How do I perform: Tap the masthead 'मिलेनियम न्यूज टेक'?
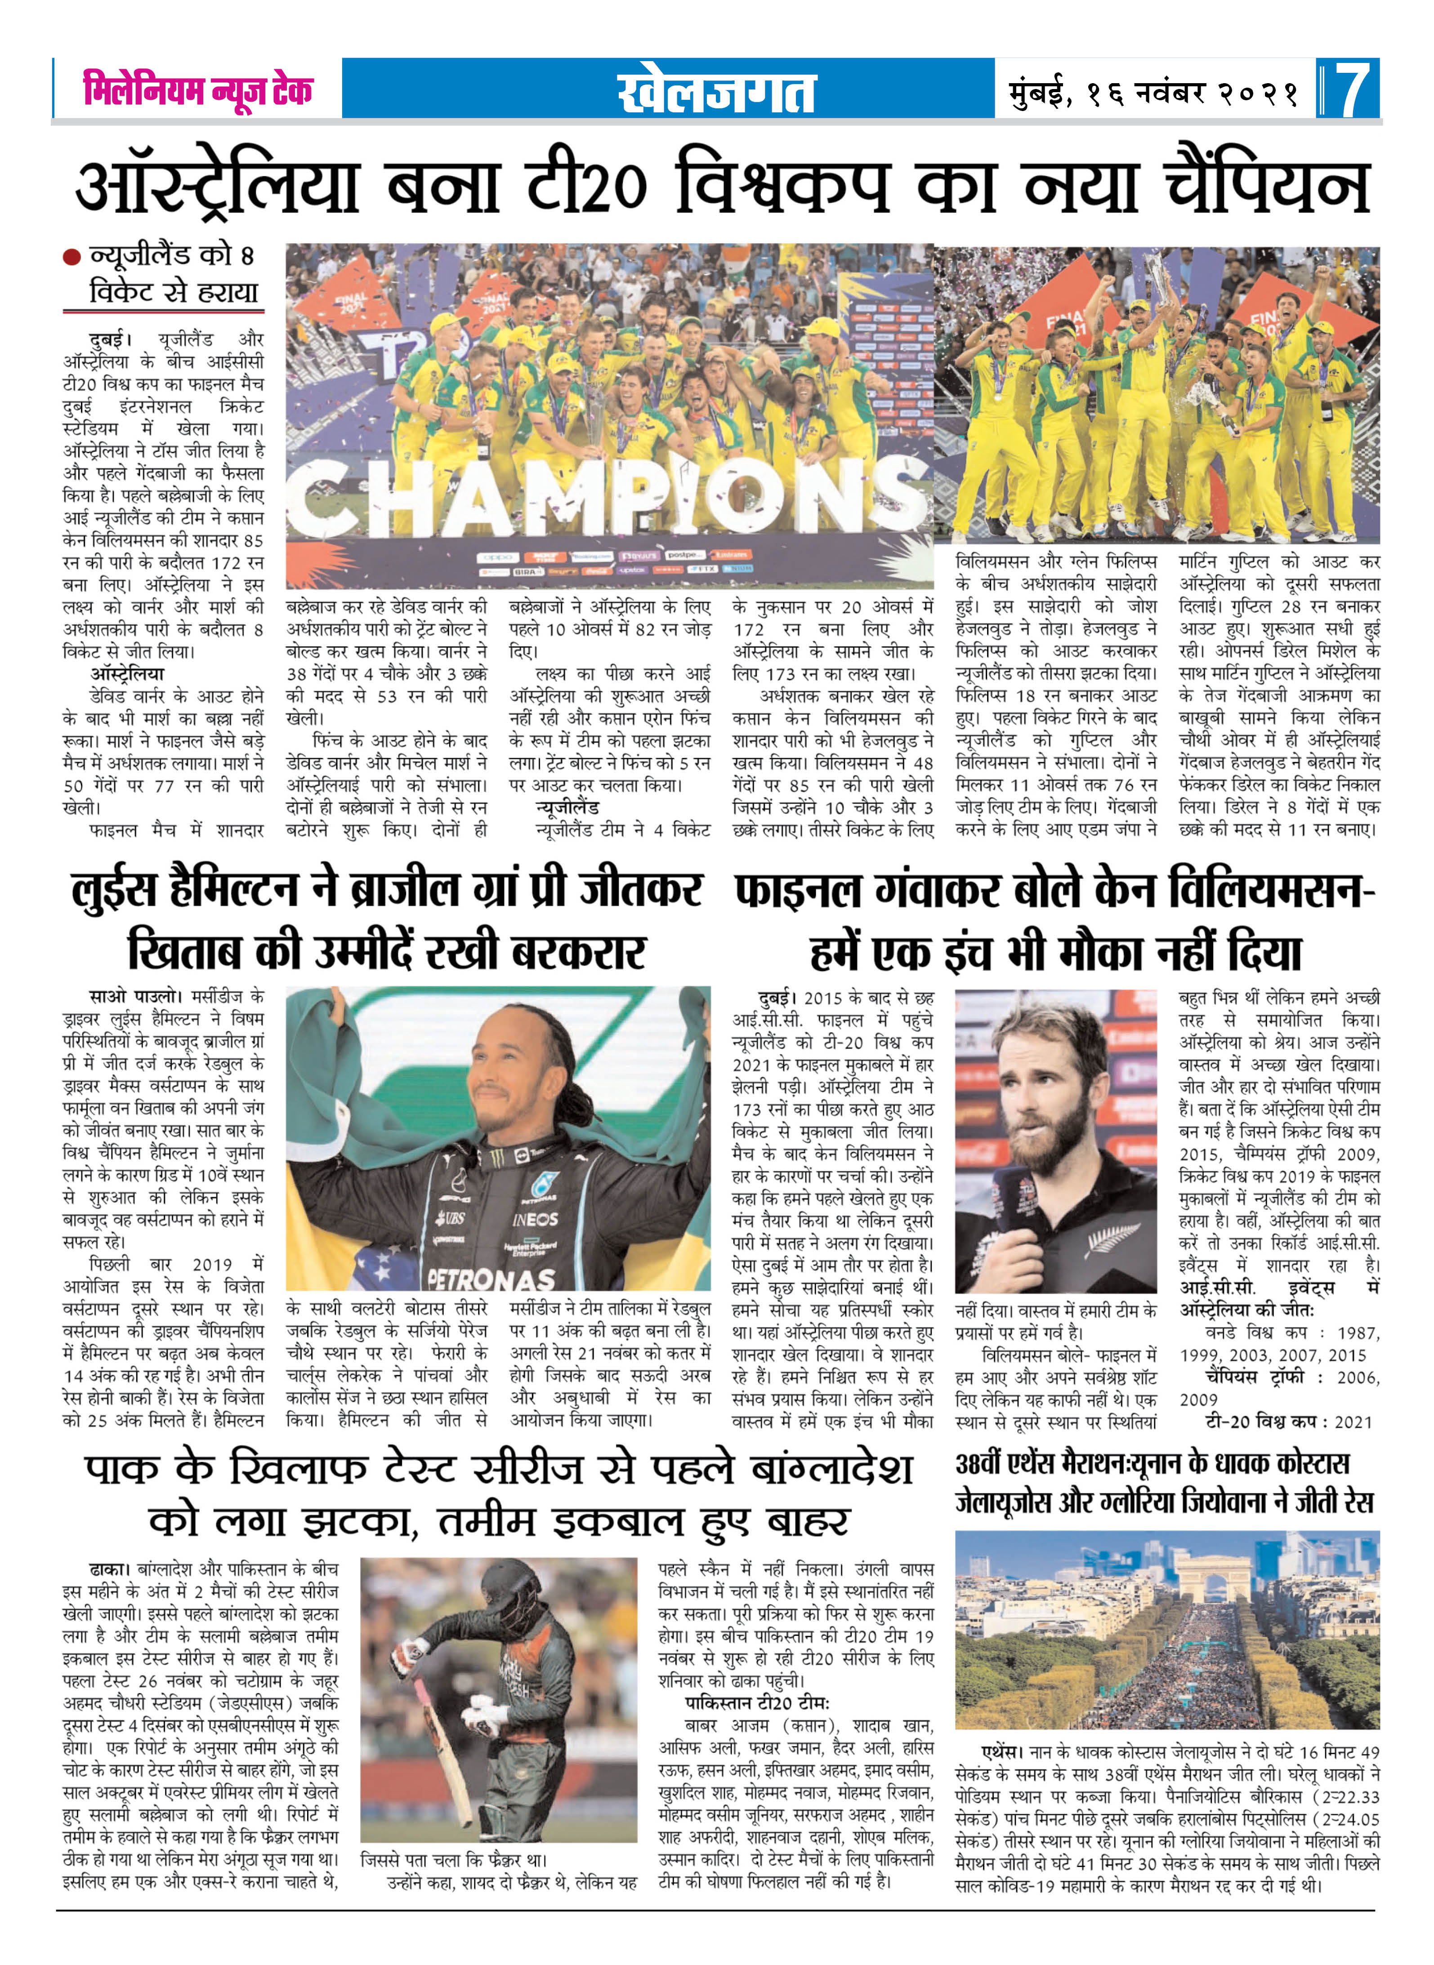click(198, 90)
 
